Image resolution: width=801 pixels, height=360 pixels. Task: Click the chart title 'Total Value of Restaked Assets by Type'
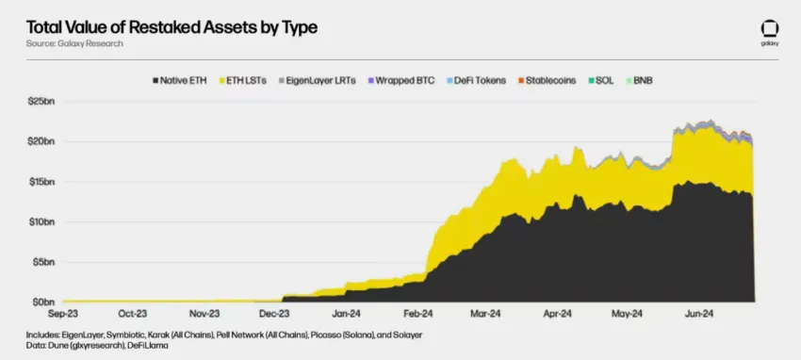click(172, 27)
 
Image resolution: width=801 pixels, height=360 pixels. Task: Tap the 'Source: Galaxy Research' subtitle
click(74, 44)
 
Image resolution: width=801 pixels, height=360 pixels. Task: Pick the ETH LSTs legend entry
click(245, 81)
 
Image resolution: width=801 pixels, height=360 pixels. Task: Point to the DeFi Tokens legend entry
click(480, 81)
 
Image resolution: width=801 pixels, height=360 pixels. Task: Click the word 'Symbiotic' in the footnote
click(138, 335)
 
